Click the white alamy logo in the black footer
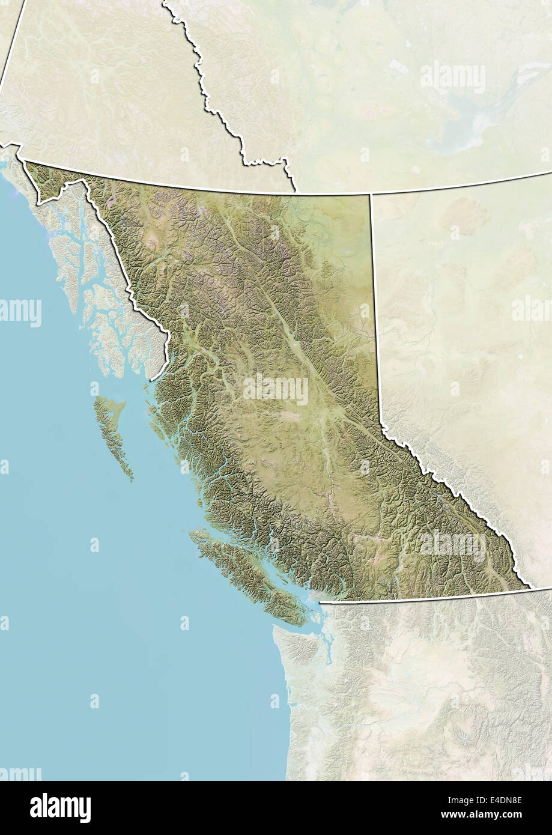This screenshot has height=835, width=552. pyautogui.click(x=60, y=808)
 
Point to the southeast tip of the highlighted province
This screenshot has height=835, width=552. pyautogui.click(x=529, y=588)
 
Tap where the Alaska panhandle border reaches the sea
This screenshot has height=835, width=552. pyautogui.click(x=153, y=379)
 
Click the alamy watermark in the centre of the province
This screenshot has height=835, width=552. pyautogui.click(x=276, y=390)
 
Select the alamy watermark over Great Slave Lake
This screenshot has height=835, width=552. pyautogui.click(x=452, y=77)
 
